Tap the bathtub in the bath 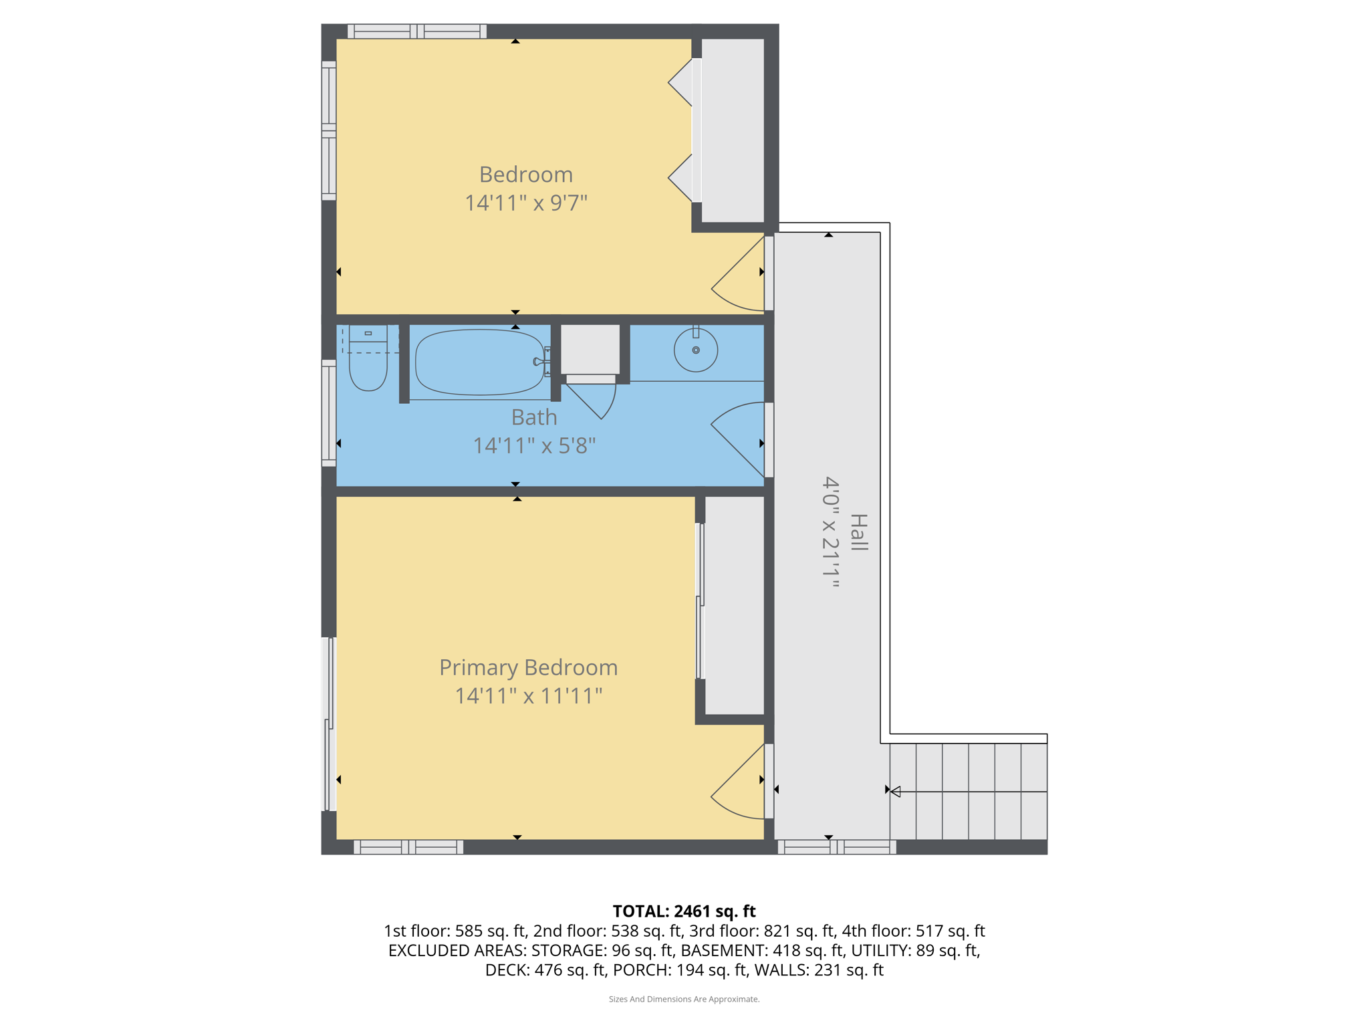coord(479,362)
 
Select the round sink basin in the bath coord(695,350)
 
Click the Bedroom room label coord(526,175)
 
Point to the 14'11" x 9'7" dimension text coord(526,203)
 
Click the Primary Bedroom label coord(528,667)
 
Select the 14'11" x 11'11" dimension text coord(528,696)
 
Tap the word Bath coord(534,417)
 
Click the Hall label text coord(858,532)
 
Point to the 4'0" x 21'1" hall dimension coord(830,532)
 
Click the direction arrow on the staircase coord(896,792)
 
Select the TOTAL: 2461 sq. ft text coord(684,911)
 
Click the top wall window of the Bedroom coord(417,31)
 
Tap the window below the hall coord(837,848)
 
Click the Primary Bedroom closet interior coord(734,605)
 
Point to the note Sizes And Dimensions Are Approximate coord(684,999)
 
